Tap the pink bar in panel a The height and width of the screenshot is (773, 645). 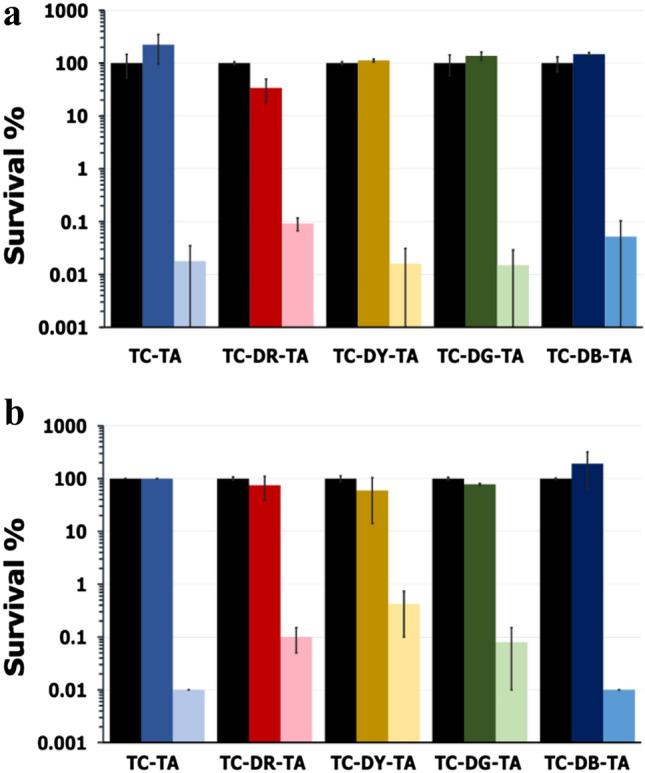pyautogui.click(x=297, y=275)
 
